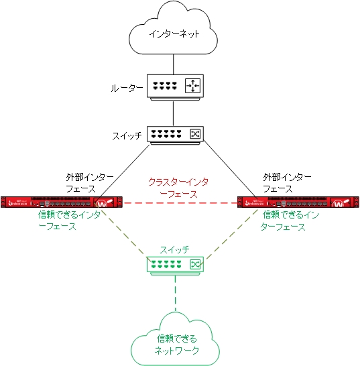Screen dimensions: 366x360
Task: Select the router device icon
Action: click(x=174, y=86)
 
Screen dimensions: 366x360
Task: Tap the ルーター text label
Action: click(x=127, y=88)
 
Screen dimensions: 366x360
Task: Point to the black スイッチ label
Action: click(x=127, y=135)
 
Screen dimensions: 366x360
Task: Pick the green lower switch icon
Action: click(x=175, y=264)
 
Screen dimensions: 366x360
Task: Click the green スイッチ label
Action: click(x=174, y=249)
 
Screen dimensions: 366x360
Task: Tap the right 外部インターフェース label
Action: click(x=287, y=182)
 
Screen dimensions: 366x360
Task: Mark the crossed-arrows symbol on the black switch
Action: click(x=195, y=134)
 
